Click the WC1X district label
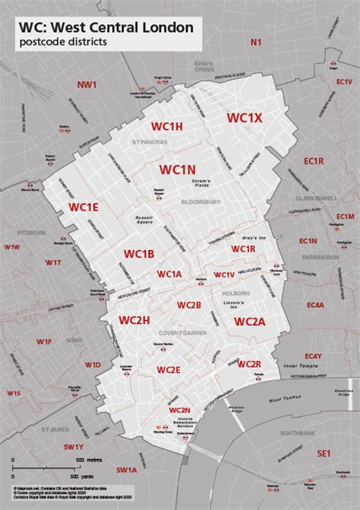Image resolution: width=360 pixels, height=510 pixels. [245, 118]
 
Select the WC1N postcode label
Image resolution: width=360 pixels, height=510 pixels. [178, 169]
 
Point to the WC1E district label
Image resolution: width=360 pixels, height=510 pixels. [84, 207]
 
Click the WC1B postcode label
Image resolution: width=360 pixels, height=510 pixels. [139, 253]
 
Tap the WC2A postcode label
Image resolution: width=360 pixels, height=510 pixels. [249, 322]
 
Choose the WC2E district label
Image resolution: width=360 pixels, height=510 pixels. [169, 369]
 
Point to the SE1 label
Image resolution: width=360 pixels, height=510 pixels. [324, 454]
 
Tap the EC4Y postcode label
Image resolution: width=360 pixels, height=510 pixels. [313, 356]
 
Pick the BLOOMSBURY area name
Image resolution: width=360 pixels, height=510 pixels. [201, 202]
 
